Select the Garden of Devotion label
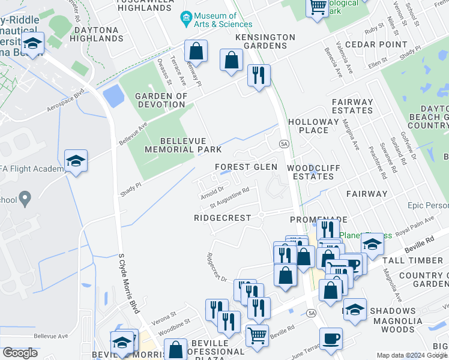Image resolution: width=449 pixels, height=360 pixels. [160, 100]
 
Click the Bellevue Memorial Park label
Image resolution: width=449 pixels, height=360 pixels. [183, 145]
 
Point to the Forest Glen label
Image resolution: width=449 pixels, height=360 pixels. [246, 167]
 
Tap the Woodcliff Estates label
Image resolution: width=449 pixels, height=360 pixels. [310, 172]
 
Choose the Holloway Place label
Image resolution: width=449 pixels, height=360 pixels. [313, 125]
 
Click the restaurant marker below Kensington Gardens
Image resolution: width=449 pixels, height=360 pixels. [259, 75]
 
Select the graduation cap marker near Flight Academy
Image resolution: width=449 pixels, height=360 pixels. [76, 160]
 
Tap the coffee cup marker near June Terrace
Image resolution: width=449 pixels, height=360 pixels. [331, 338]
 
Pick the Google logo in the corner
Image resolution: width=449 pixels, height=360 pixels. [20, 352]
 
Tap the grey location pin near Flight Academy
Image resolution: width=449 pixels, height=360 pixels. [25, 197]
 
